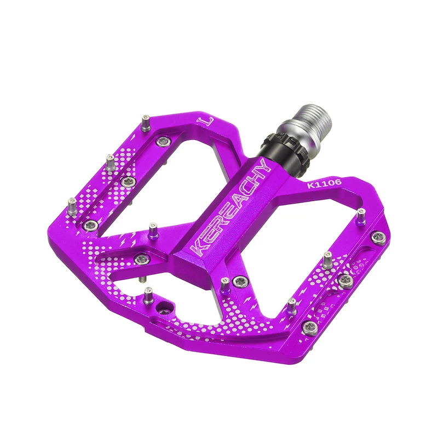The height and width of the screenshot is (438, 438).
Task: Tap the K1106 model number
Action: point(324,184)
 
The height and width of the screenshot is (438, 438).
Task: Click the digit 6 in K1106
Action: point(337,182)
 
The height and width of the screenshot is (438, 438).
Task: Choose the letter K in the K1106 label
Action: point(310,186)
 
